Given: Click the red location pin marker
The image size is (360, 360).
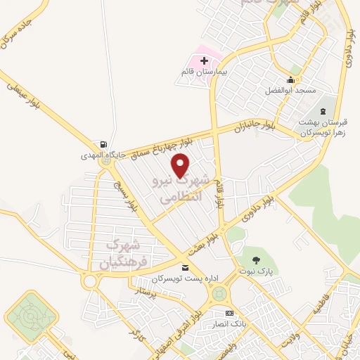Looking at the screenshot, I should pyautogui.click(x=181, y=165).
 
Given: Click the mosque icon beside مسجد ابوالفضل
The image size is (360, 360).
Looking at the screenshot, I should pyautogui.click(x=290, y=80).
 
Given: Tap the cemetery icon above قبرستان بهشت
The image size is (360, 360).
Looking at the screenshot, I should pyautogui.click(x=323, y=112).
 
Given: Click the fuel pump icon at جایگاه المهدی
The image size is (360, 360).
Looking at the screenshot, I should pyautogui.click(x=105, y=143).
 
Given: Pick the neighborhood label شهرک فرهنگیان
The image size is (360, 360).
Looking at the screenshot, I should pyautogui.click(x=120, y=255).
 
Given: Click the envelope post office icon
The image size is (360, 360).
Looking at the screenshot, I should pyautogui.click(x=185, y=267).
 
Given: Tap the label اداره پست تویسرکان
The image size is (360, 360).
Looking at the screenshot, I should pyautogui.click(x=186, y=278).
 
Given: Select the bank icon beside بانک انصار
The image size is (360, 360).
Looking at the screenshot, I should pyautogui.click(x=229, y=313).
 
